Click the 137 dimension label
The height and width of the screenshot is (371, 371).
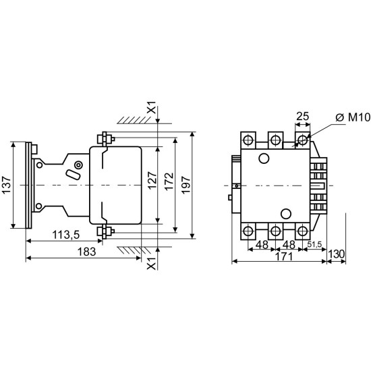tap(7, 185)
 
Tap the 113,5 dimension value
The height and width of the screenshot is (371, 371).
tap(66, 235)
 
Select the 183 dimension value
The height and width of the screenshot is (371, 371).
tap(87, 252)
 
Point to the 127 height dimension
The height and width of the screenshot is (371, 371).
tap(152, 181)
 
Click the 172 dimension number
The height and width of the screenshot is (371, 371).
tap(169, 181)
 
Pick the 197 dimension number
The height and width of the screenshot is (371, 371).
tap(186, 185)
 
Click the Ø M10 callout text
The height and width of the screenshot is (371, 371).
tap(353, 117)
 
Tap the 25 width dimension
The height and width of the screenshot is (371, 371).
tap(303, 116)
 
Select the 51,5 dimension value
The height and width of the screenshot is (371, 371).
tap(314, 244)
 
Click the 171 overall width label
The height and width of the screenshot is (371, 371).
tap(284, 256)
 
